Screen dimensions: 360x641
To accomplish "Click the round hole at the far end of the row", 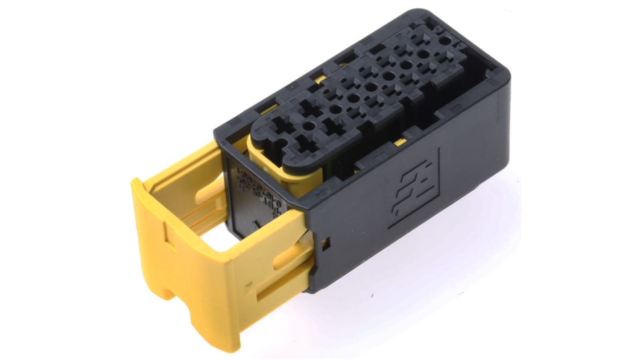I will pos(445,40).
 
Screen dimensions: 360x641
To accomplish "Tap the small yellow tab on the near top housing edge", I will pos(399,143).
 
